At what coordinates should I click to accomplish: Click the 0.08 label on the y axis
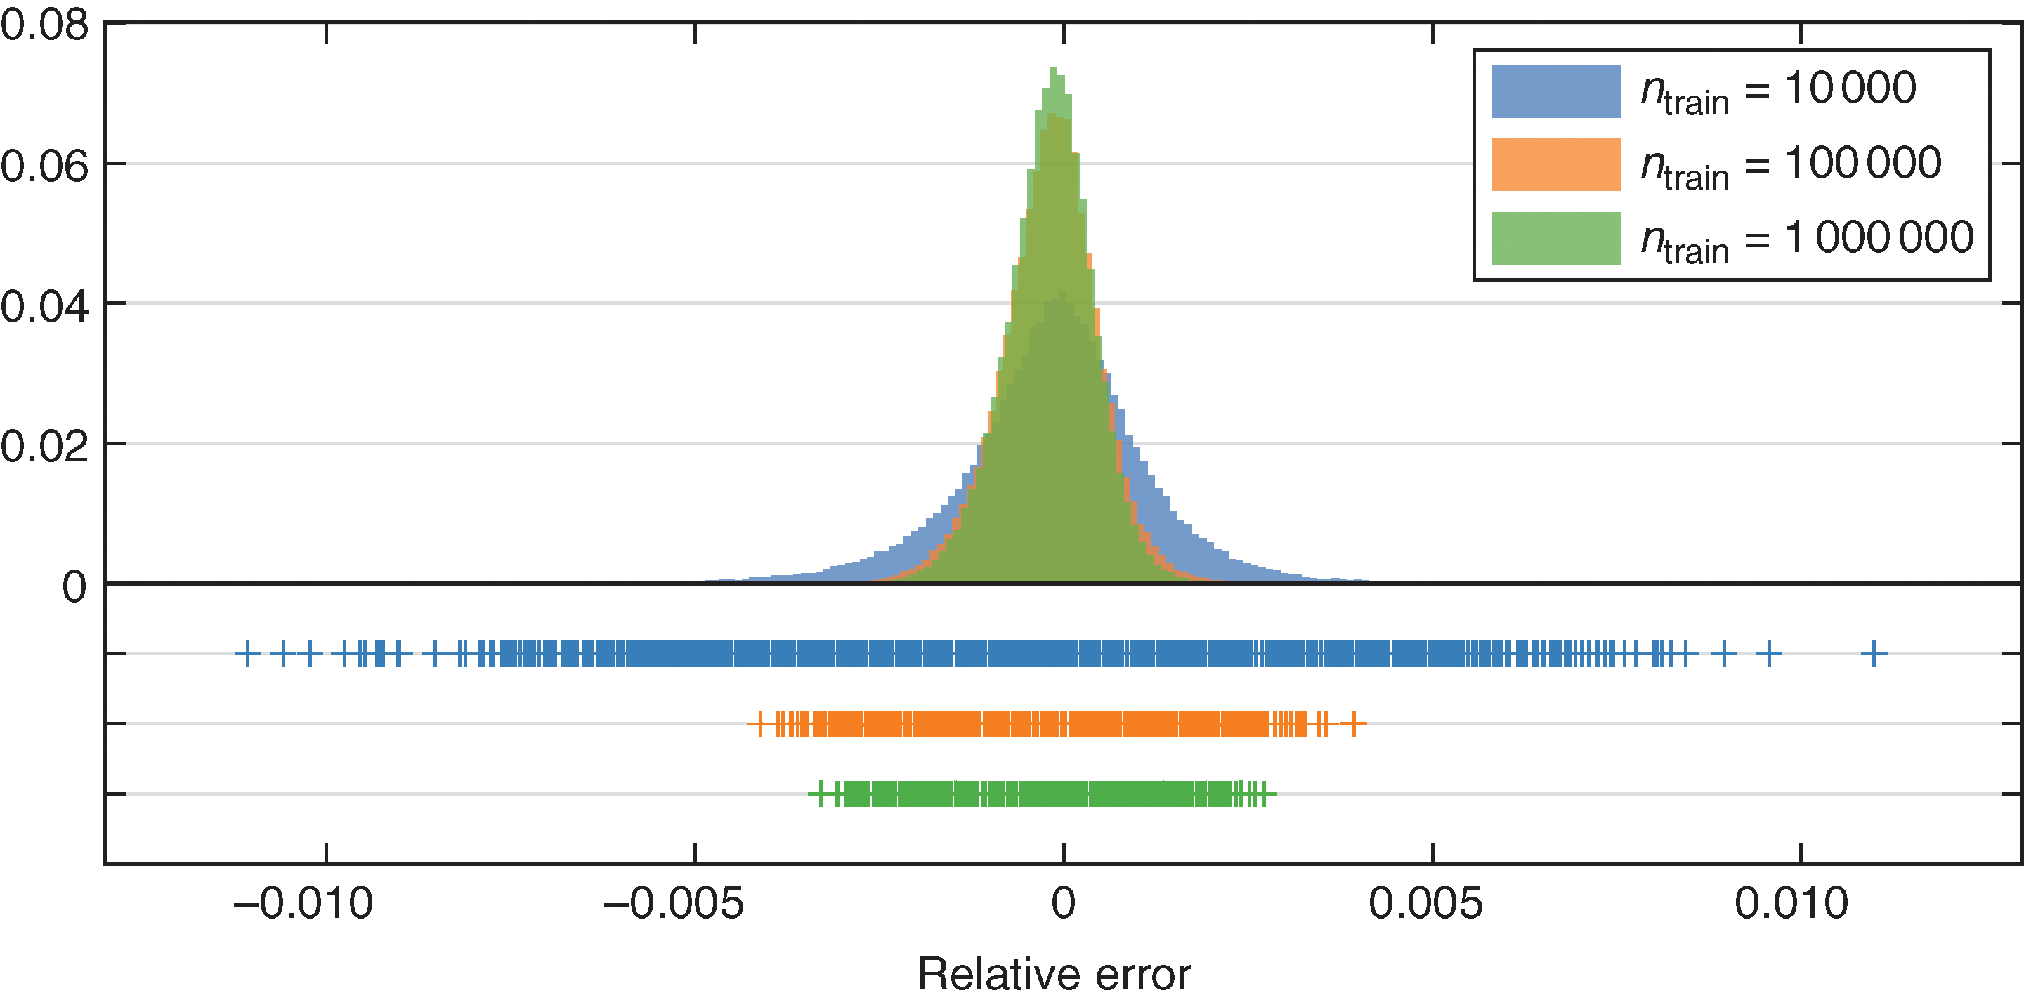[44, 25]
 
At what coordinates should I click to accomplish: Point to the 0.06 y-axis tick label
[44, 166]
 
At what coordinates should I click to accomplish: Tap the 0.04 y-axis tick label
[44, 306]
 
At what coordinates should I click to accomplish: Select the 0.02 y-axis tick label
[44, 446]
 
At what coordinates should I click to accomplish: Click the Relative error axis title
[1054, 975]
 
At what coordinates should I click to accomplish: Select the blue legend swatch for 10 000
[1555, 92]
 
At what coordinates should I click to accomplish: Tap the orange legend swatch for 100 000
[1555, 165]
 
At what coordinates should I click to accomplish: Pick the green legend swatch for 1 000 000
[1555, 238]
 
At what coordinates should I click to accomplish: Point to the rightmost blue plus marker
[1874, 654]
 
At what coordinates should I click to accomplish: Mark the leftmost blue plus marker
[247, 654]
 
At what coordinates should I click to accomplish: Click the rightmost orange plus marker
[1353, 723]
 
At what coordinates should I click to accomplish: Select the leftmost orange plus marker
[759, 723]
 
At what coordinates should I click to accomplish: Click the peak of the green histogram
[1053, 71]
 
